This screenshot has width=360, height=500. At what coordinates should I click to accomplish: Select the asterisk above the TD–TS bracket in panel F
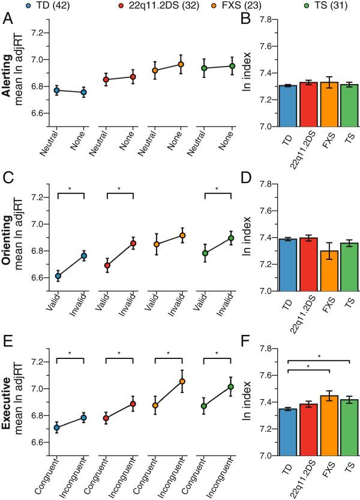pyautogui.click(x=318, y=357)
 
